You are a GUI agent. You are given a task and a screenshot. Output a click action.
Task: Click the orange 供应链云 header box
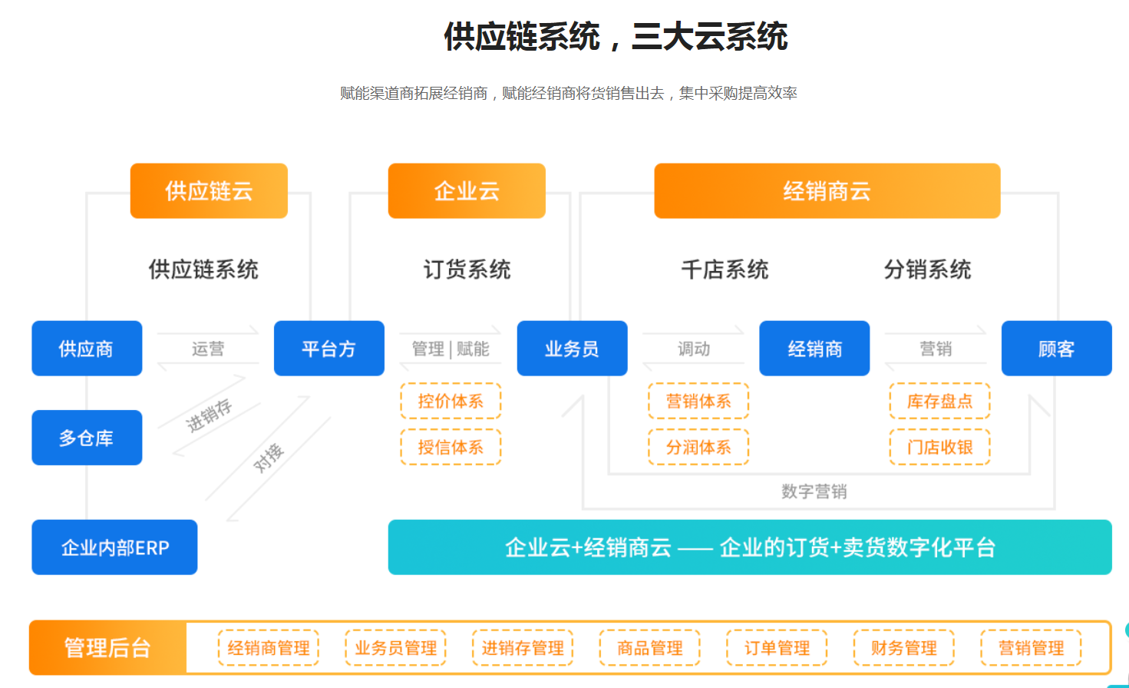coord(209,191)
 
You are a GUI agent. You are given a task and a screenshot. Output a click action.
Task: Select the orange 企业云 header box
coord(467,191)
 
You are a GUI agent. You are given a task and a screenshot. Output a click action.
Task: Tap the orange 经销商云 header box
coord(827,191)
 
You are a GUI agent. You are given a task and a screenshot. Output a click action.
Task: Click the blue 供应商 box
coord(87,349)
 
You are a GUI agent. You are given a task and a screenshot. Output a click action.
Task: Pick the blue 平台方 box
coord(328,349)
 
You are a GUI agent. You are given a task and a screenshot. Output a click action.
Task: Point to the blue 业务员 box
coord(572,349)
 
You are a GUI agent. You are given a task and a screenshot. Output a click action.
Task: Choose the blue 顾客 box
coord(1056,349)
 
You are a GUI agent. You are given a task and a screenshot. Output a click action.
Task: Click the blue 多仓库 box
coord(87,438)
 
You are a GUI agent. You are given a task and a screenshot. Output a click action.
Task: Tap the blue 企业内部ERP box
coord(114,547)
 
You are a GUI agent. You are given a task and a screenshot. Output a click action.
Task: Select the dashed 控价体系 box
coord(451,401)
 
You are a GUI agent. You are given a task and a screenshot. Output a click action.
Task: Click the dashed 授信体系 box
coord(451,447)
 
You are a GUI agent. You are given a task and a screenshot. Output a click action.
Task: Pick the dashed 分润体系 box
coord(698,447)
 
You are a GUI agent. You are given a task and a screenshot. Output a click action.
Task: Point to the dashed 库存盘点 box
coord(939,401)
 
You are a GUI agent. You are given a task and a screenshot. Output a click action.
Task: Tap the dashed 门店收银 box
coord(939,447)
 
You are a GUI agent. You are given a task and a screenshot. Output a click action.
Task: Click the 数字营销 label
coord(814,491)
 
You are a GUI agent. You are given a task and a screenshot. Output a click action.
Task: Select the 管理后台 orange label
coord(107,648)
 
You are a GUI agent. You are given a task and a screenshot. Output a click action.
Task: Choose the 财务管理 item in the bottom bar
coord(903,648)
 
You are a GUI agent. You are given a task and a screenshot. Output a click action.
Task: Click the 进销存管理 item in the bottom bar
coord(523,648)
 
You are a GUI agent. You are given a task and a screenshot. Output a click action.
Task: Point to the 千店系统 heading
coord(725,270)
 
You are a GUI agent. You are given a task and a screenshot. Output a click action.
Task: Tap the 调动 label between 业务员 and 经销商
coord(694,349)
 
